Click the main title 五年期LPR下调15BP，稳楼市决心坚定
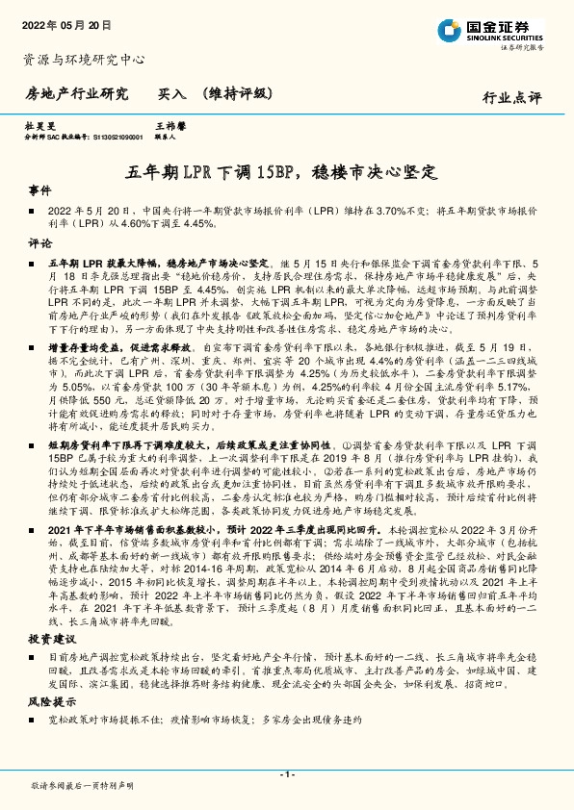pyautogui.click(x=286, y=172)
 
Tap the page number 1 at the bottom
pyautogui.click(x=286, y=774)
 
